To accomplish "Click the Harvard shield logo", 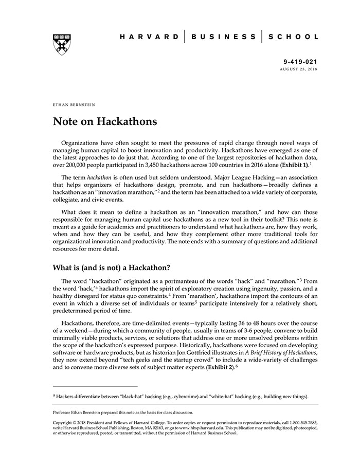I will click(x=62, y=44).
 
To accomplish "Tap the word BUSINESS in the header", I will click(x=223, y=37).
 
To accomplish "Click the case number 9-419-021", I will click(x=301, y=61).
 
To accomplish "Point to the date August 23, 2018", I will click(x=299, y=68).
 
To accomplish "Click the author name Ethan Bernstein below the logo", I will click(x=74, y=104).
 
